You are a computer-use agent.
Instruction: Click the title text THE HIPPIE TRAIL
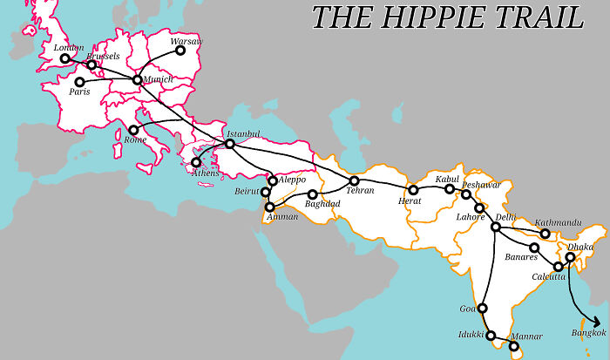(448, 17)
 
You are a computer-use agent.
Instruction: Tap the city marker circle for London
(64, 59)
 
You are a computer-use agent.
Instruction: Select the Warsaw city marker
(180, 51)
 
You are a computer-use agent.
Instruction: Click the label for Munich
(158, 79)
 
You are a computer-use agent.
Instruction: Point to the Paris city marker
(79, 82)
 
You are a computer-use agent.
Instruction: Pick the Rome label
(136, 139)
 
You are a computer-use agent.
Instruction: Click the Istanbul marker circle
(229, 144)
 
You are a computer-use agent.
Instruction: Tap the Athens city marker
(196, 162)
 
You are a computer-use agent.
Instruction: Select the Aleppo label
(292, 180)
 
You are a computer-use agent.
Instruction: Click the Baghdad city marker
(312, 194)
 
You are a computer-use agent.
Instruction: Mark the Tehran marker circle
(354, 180)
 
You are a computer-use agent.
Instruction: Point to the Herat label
(409, 200)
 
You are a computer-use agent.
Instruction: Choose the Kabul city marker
(450, 188)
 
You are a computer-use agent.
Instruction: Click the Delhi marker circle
(495, 228)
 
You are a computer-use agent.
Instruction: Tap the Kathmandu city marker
(545, 234)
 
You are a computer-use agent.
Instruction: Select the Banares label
(521, 258)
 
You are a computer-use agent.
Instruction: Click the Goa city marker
(482, 308)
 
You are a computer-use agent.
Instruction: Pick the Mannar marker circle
(514, 346)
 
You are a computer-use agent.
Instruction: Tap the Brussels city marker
(91, 65)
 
